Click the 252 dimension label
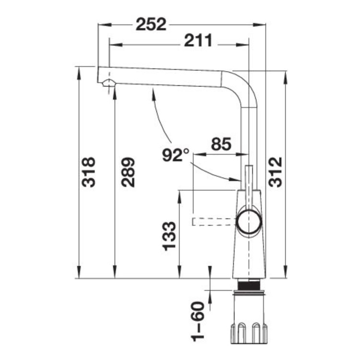click(151, 24)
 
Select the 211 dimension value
click(198, 40)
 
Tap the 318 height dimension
click(89, 172)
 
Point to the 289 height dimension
click(128, 172)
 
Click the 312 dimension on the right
click(276, 172)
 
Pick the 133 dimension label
click(169, 236)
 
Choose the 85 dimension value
click(221, 144)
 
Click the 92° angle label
click(176, 155)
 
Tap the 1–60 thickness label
click(198, 322)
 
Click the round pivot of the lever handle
click(250, 222)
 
